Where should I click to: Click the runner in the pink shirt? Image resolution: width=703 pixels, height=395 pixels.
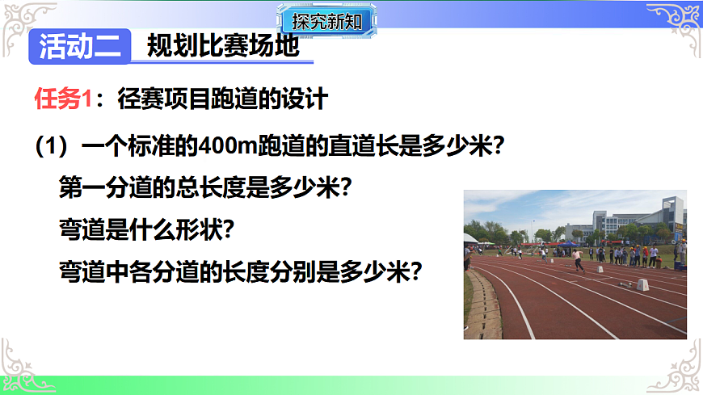[578, 258]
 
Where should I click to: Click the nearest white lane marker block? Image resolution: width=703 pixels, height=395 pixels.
[642, 284]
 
